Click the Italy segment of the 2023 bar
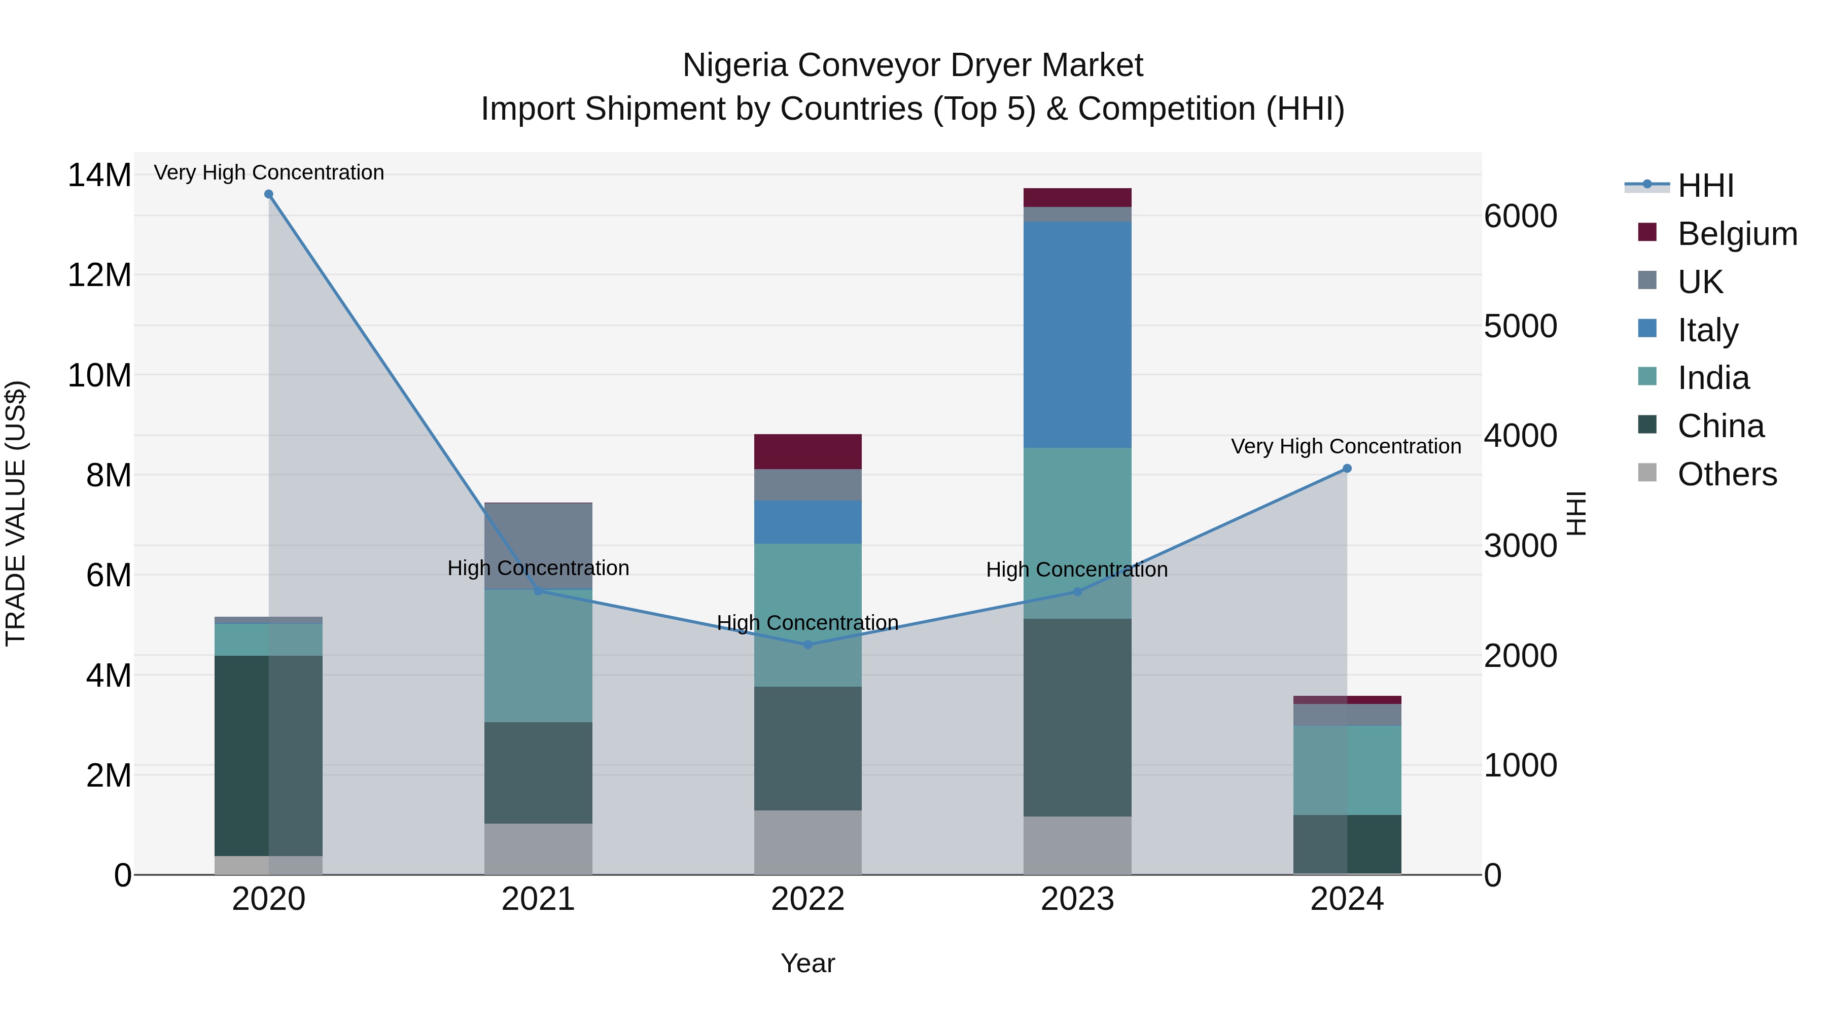click(1077, 333)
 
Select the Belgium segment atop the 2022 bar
click(807, 451)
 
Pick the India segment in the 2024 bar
click(1347, 770)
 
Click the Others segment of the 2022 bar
click(807, 842)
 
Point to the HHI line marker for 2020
click(269, 194)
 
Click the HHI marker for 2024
click(1347, 469)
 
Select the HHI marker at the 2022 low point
click(807, 644)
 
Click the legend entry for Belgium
click(1737, 234)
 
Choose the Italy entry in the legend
click(1708, 330)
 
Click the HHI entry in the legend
click(1705, 186)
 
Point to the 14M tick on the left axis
click(99, 175)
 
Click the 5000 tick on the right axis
click(1521, 326)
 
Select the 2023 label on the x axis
click(1077, 899)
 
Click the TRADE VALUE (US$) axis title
click(16, 513)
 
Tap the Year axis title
click(807, 963)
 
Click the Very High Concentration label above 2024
click(1345, 446)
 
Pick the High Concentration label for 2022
click(807, 622)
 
